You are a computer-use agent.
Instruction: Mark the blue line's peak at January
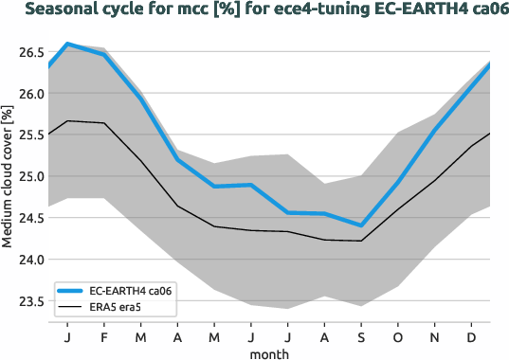(x=67, y=44)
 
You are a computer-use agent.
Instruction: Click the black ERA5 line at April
(x=177, y=206)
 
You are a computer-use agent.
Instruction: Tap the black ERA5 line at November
(x=435, y=180)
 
